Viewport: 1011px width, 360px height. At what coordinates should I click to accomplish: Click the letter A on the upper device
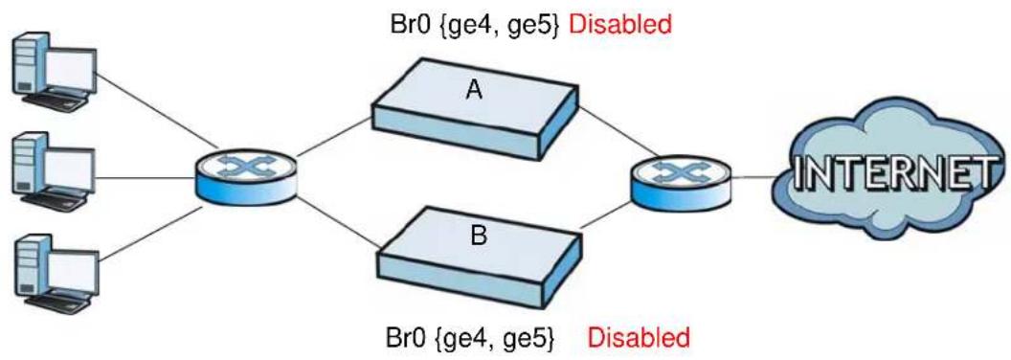click(474, 91)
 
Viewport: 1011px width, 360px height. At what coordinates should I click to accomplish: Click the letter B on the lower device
click(479, 235)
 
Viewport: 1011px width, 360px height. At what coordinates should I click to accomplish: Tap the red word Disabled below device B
click(639, 337)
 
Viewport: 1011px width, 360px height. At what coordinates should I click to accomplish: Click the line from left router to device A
click(334, 138)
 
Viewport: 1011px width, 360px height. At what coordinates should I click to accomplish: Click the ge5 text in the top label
click(534, 26)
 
